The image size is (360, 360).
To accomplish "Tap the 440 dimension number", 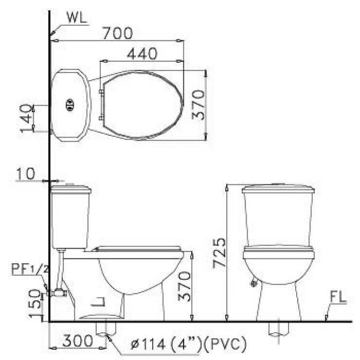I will (142, 54).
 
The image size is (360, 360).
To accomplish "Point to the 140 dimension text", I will (27, 118).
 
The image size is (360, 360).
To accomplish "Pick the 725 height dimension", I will (219, 252).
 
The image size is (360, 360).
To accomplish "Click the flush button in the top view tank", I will (70, 104).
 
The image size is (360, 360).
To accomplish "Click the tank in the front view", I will (278, 214).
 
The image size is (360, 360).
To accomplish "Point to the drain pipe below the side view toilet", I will (103, 328).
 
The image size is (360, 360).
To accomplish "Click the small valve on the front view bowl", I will (253, 283).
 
